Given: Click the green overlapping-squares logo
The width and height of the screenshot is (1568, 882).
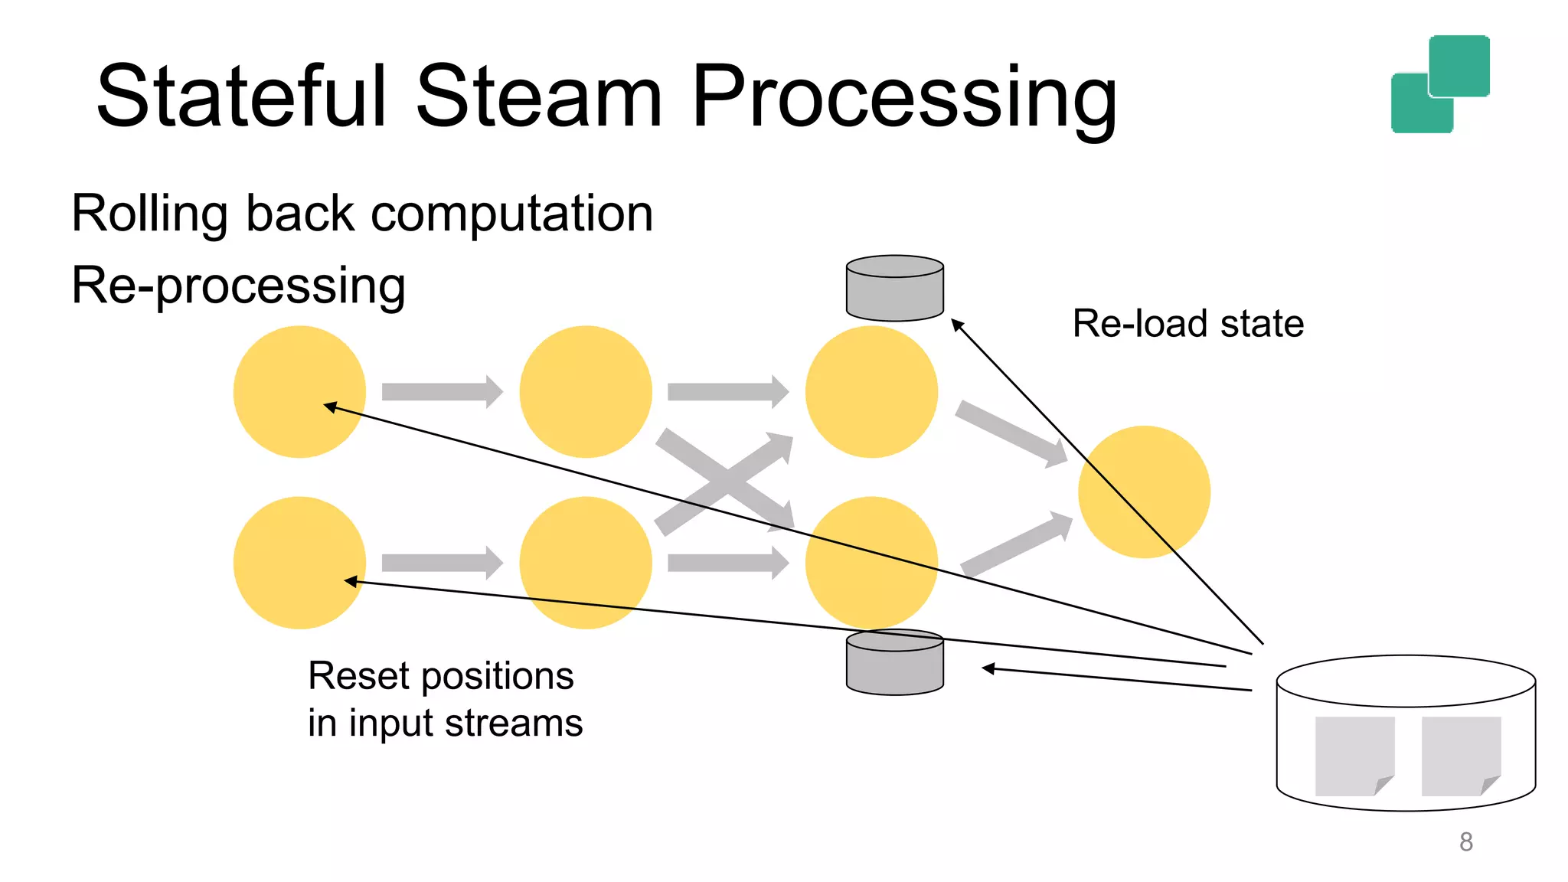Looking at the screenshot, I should (1439, 84).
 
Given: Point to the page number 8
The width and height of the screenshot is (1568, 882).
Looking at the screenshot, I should (1465, 841).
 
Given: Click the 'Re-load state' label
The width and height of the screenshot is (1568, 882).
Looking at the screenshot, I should (1187, 323).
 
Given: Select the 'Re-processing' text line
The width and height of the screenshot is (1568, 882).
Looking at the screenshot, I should (238, 286).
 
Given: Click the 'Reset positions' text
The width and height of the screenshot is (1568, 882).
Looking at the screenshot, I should (440, 676).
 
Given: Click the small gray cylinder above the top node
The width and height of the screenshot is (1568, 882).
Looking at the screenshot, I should (894, 289).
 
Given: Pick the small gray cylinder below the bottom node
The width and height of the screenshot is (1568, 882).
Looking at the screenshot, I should (894, 663).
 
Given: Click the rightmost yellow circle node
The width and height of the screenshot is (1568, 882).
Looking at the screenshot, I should (1144, 492).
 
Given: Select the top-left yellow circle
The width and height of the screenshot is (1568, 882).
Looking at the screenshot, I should (299, 391).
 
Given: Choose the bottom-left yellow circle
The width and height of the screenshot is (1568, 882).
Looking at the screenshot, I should (299, 563).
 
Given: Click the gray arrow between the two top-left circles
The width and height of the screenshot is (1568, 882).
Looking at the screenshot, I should (441, 392).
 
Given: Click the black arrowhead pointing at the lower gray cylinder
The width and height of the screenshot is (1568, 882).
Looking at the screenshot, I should (988, 668).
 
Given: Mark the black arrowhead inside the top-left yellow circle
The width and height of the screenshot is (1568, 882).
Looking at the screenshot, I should (330, 407).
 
